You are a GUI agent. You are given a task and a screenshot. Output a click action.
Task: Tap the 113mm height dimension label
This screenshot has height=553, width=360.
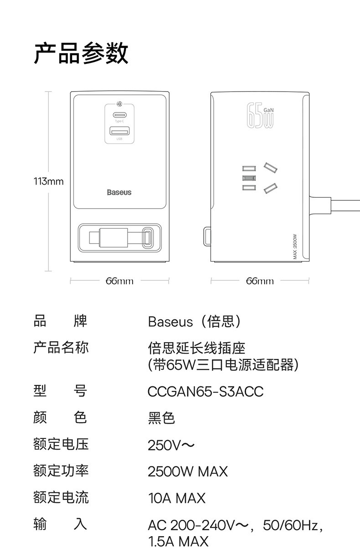(48, 182)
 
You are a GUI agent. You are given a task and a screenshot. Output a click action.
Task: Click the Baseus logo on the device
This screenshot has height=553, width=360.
(119, 192)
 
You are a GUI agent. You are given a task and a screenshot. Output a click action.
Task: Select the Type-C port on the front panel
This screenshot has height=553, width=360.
(119, 115)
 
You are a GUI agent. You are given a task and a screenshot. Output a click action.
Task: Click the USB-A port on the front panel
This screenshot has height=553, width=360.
(119, 133)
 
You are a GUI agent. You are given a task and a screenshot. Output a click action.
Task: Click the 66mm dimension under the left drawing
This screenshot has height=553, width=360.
(119, 281)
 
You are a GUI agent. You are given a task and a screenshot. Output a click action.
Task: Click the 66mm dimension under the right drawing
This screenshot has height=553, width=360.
(260, 281)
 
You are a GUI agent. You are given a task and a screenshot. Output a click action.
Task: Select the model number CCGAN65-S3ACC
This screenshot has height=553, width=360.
(206, 392)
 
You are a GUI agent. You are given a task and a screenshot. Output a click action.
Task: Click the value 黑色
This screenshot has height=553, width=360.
(161, 418)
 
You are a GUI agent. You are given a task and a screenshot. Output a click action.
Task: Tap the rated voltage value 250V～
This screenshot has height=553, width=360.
(171, 445)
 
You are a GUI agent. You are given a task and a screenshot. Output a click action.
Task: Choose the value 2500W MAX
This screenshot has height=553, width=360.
(187, 471)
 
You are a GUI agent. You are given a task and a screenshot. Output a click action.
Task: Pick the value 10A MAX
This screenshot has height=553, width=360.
(176, 498)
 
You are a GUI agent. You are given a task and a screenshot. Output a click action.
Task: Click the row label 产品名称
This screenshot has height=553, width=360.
(61, 348)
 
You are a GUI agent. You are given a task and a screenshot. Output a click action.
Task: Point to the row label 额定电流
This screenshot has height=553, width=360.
(61, 497)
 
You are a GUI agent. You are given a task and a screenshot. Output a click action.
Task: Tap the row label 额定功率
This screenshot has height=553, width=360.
(61, 470)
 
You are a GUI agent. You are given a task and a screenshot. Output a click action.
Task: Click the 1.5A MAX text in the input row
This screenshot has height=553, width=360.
(178, 541)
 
